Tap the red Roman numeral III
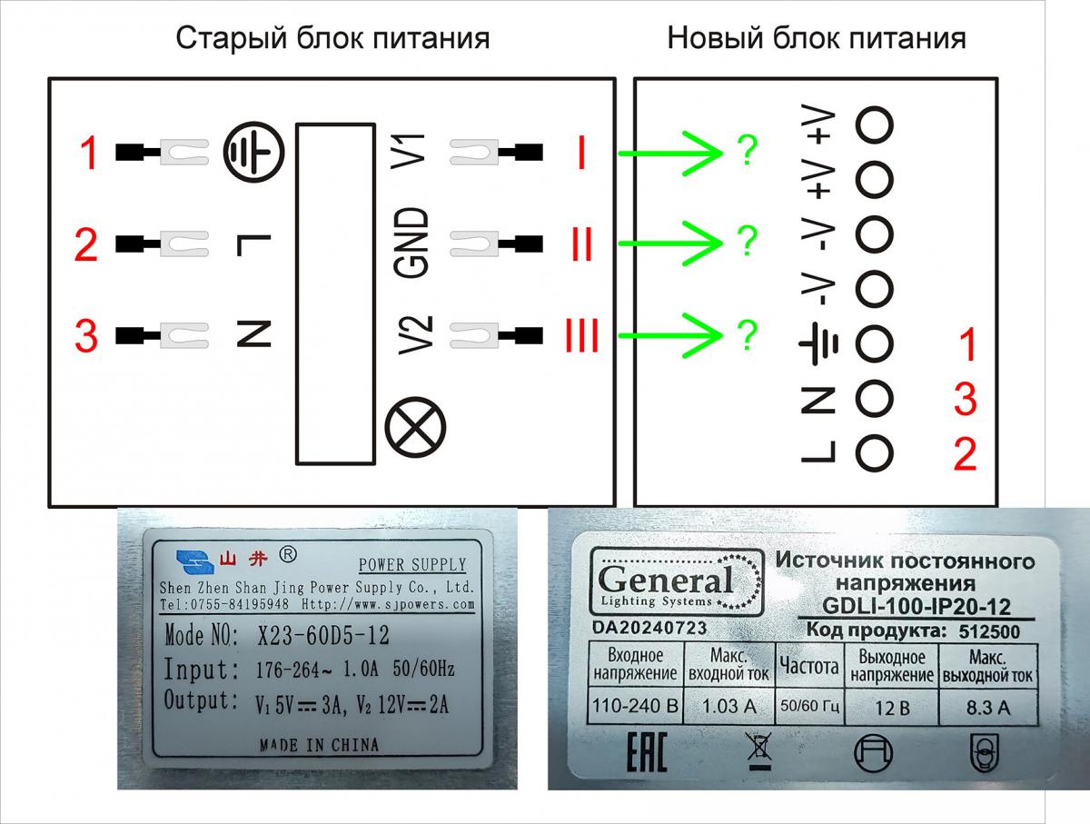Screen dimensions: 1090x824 coord(581,335)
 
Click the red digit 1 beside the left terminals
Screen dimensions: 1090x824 coord(88,153)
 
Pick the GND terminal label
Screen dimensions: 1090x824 coord(411,243)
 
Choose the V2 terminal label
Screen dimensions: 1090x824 coord(416,335)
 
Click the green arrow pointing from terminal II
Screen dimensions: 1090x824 coord(670,243)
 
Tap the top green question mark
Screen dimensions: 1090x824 coord(748,151)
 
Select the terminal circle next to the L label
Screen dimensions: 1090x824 coord(874,453)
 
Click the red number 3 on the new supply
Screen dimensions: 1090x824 coord(966,399)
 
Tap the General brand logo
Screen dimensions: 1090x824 coord(677,581)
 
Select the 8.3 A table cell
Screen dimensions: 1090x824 coord(988,707)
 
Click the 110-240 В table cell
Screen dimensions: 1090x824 coord(635,706)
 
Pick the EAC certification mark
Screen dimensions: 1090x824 coord(646,752)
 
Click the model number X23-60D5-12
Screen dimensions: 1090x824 coord(323,635)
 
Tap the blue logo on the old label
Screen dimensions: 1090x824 coord(194,562)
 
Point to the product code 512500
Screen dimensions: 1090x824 coord(989,631)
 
